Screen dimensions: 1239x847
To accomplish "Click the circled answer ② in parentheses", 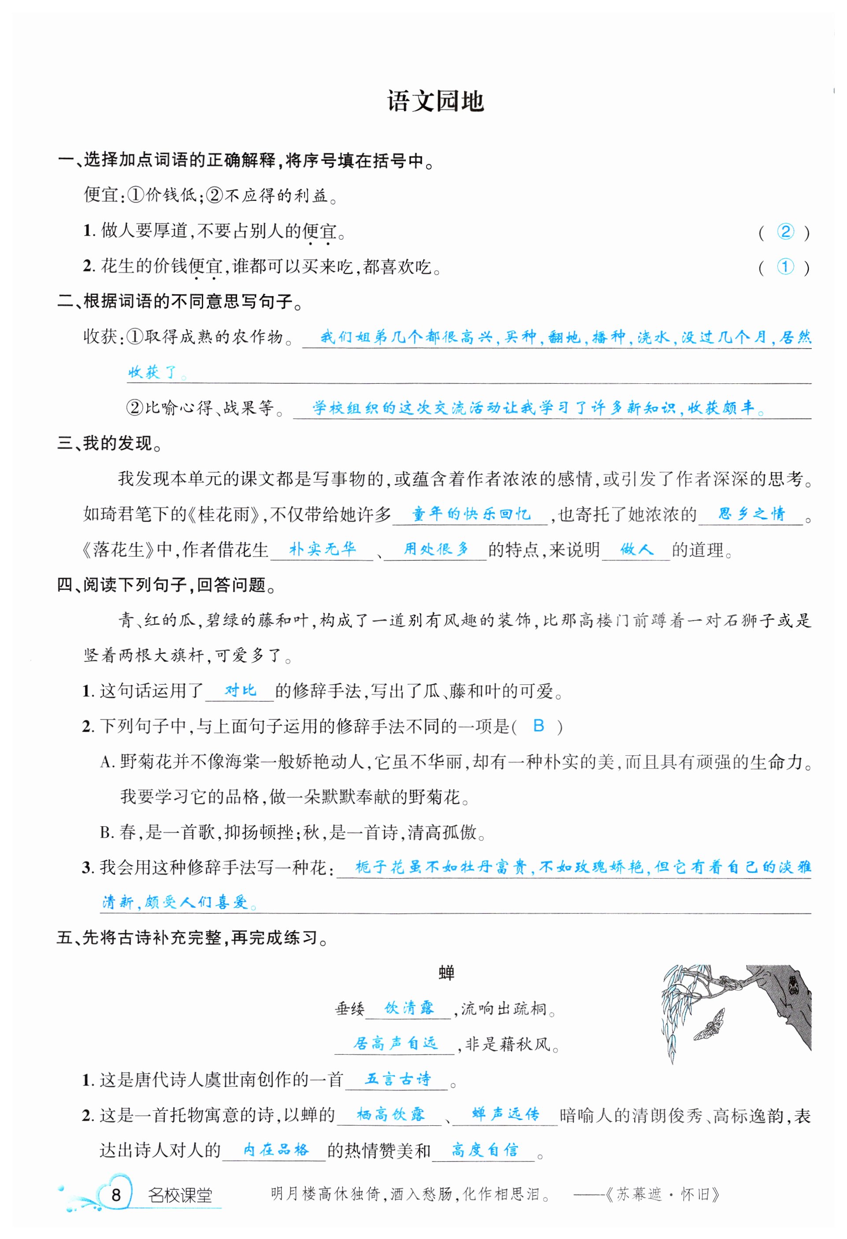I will tap(785, 231).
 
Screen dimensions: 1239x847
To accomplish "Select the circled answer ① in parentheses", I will tap(785, 267).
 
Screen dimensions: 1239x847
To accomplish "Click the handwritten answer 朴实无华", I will tap(322, 549).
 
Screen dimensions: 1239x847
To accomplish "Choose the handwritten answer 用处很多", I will tap(436, 549).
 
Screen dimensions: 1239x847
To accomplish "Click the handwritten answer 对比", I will tap(240, 690).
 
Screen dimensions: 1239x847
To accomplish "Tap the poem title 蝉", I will tap(446, 973).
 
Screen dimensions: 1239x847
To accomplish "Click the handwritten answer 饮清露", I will tap(409, 1008).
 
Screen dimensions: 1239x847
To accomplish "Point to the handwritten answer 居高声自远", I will tap(395, 1043).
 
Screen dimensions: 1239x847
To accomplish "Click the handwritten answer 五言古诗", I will tap(397, 1079).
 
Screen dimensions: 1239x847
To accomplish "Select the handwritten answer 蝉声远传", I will tap(505, 1114).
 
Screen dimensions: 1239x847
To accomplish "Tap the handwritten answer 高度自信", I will tap(484, 1150).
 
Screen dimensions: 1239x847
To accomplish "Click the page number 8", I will tap(116, 1195).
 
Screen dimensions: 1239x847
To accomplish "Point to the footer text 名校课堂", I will tap(180, 1195).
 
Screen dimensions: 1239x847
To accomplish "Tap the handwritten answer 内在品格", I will tap(275, 1150).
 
